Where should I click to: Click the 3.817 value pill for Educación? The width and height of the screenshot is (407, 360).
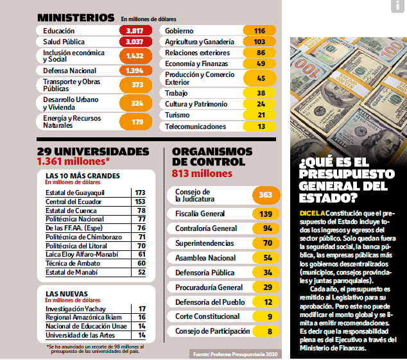[135, 31]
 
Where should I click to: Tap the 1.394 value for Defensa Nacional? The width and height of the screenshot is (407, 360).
[135, 71]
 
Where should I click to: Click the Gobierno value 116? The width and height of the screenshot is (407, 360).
[259, 31]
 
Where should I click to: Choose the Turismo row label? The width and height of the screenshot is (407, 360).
[177, 115]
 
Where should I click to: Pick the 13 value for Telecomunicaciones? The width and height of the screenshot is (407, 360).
[261, 126]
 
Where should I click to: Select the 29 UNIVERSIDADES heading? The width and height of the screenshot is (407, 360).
[93, 151]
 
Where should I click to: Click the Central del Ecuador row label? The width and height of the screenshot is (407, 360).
[74, 201]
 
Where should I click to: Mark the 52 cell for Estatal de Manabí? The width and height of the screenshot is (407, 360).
[141, 272]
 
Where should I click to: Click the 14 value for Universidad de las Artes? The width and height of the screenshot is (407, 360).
[141, 335]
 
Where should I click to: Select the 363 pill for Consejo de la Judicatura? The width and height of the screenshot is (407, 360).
[261, 195]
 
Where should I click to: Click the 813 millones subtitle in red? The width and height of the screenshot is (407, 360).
[202, 173]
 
